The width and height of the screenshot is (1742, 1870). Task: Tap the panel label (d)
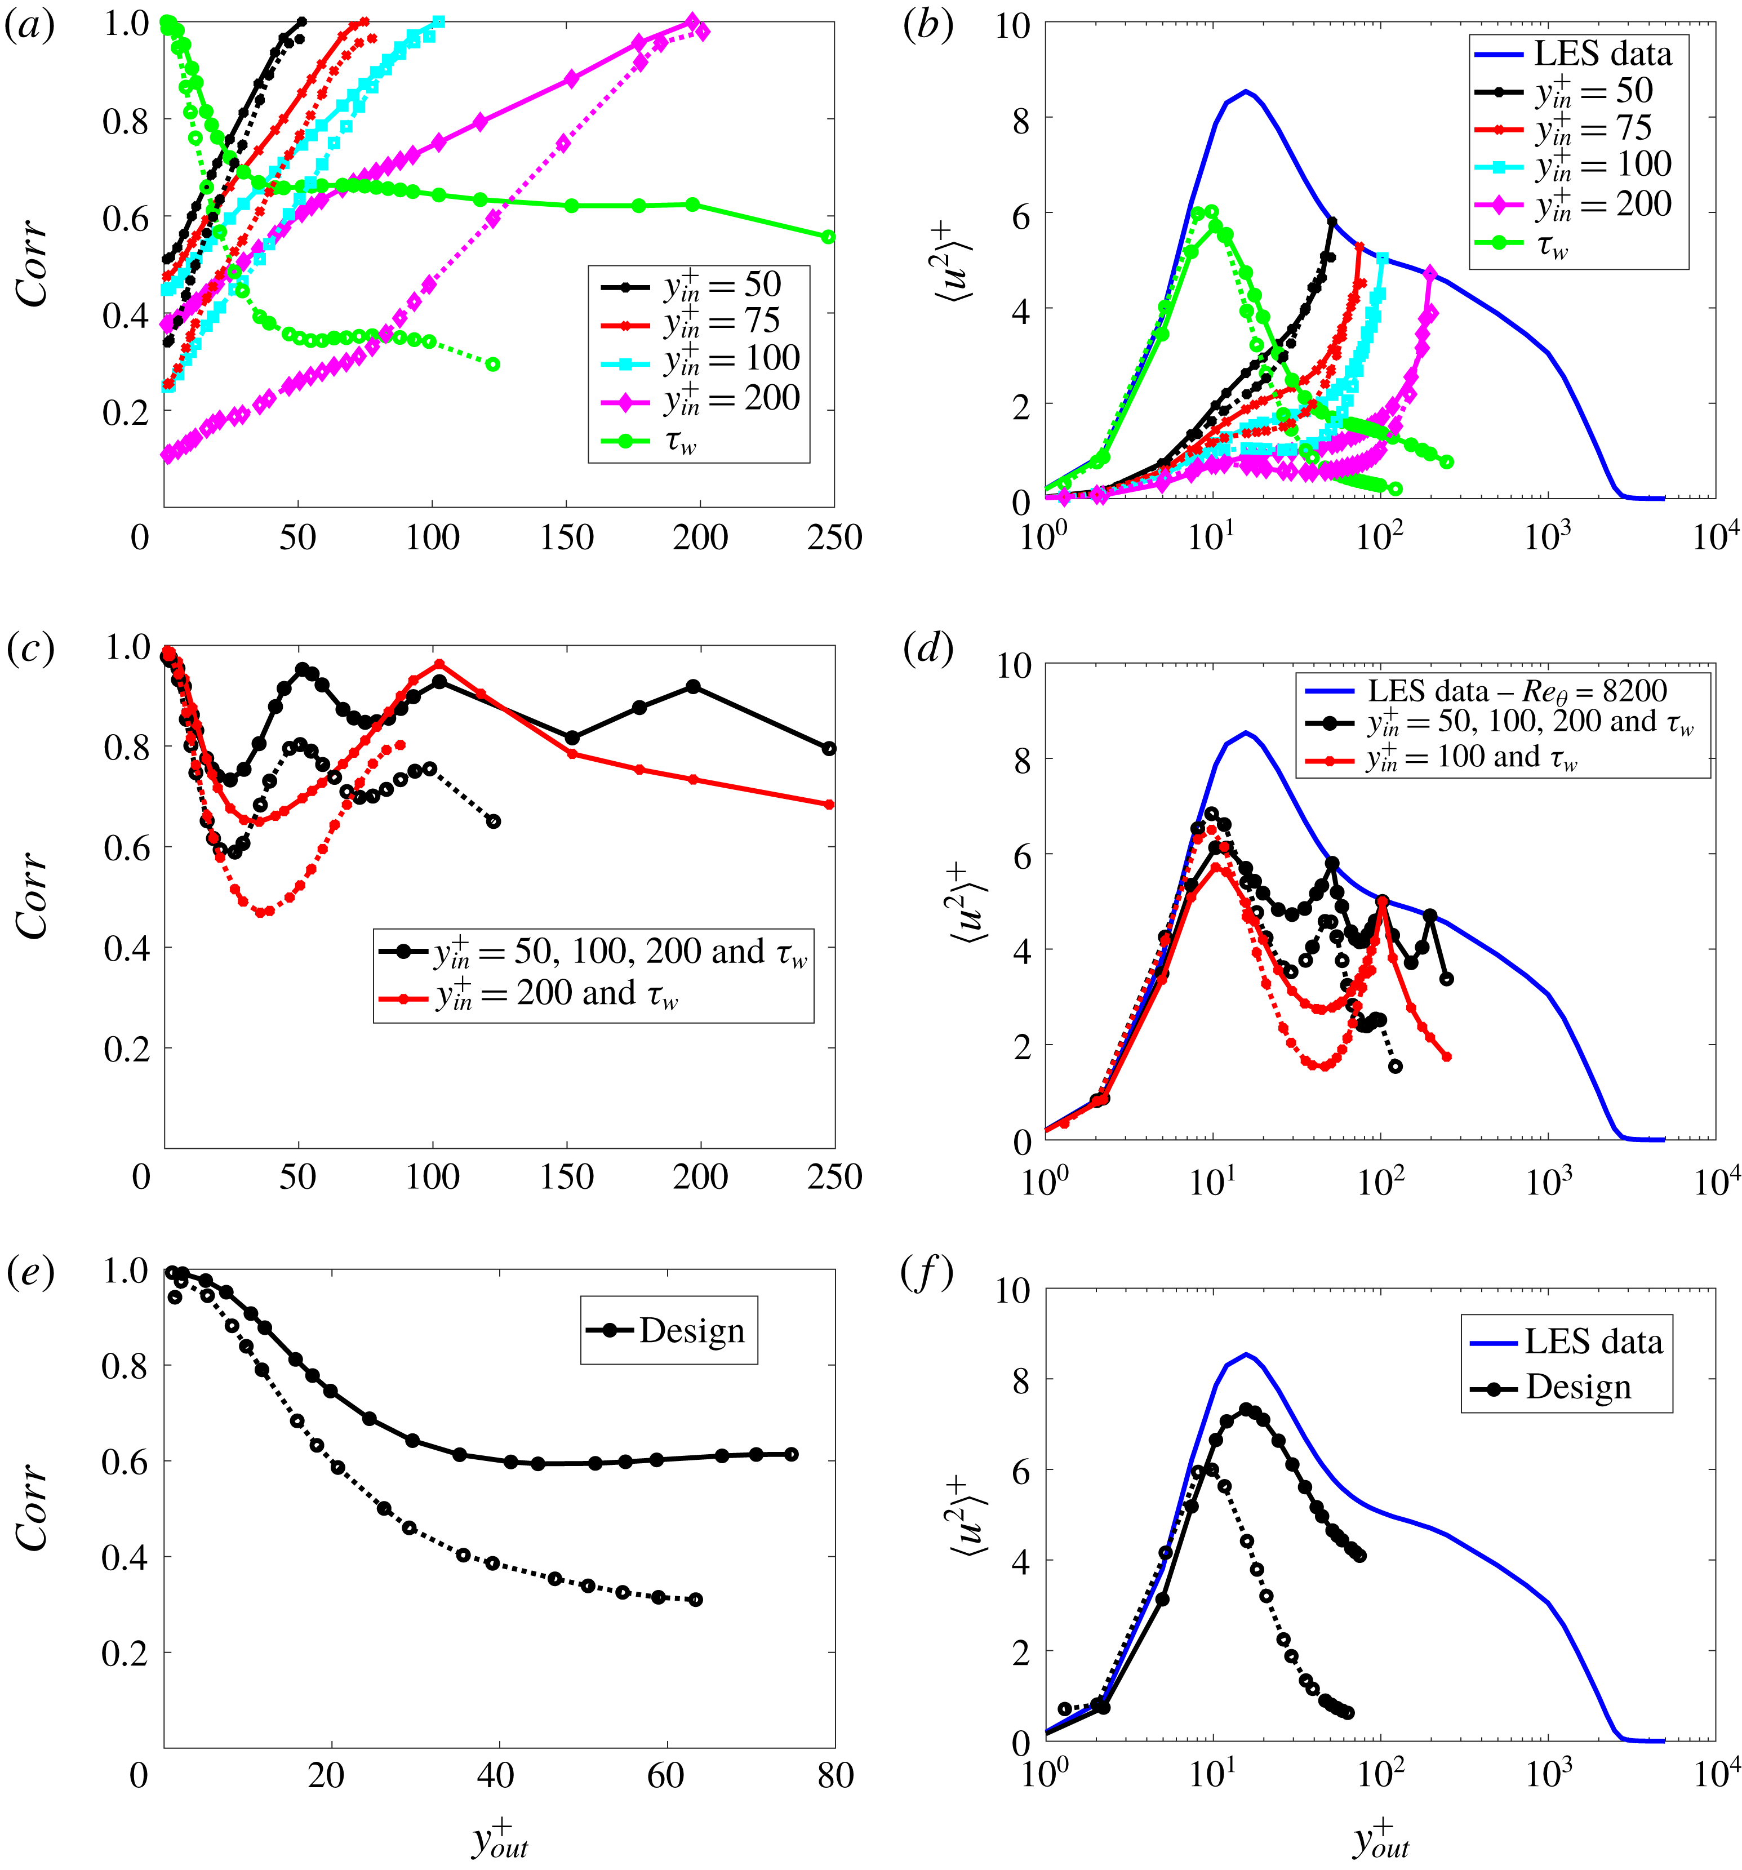click(927, 649)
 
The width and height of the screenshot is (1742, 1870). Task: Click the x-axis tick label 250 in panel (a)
click(834, 538)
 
